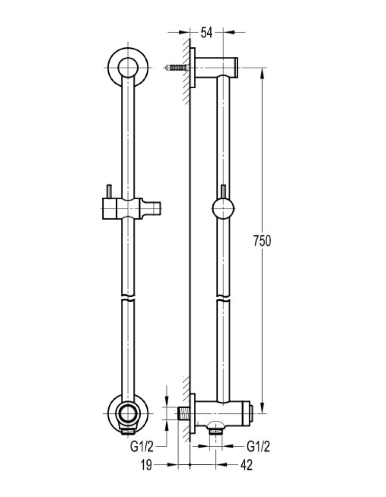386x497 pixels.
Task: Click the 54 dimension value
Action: pos(206,32)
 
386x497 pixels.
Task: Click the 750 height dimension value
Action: pos(262,241)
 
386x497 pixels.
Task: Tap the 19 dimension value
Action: pos(146,466)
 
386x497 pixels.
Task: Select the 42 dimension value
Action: pos(246,466)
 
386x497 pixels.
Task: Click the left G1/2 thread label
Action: pos(142,447)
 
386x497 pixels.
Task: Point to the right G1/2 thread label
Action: pos(259,447)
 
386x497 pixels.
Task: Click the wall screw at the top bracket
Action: pos(177,67)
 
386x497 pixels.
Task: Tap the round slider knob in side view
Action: pos(223,208)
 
